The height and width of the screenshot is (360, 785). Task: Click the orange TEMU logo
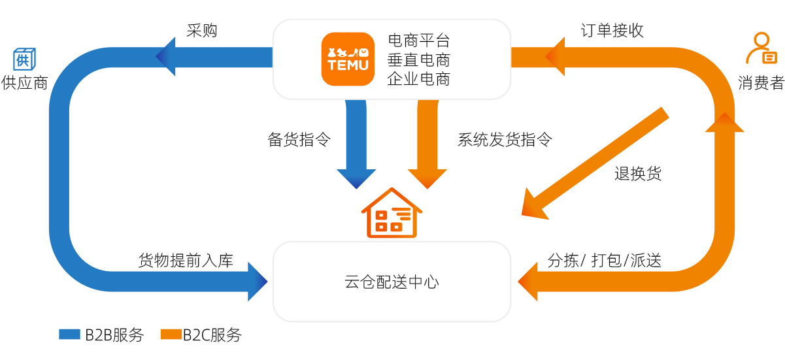[x=348, y=59]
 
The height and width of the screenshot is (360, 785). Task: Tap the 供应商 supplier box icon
[x=25, y=59]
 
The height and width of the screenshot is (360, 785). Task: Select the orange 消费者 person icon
[x=761, y=49]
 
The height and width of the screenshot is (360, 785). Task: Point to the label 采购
[x=201, y=31]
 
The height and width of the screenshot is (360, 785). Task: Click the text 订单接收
[x=612, y=31]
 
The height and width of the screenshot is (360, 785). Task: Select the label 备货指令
[x=299, y=139]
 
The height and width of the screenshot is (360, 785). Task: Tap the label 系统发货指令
[x=505, y=139]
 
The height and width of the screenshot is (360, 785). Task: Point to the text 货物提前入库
[x=186, y=260]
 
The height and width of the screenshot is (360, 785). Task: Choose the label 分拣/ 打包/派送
[x=604, y=260]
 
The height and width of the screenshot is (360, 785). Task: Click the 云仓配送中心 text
[x=392, y=282]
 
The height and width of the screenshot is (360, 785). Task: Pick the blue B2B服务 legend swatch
[x=69, y=335]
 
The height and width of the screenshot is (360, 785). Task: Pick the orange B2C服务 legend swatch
[x=171, y=335]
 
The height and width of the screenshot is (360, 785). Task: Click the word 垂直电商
[x=418, y=59]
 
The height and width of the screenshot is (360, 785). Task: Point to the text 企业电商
[x=418, y=79]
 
